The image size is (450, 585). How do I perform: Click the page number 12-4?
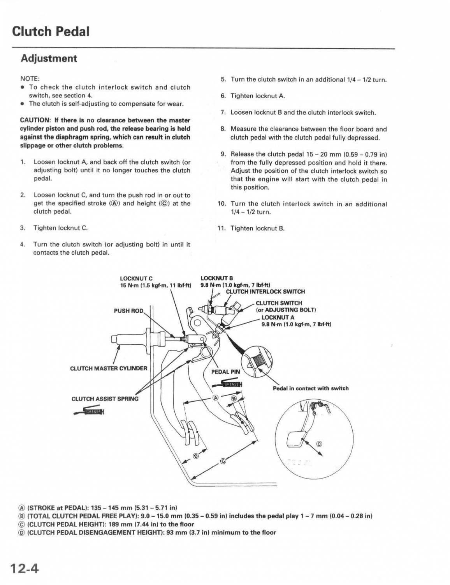coord(25,568)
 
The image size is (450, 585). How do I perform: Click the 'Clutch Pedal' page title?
coord(51,31)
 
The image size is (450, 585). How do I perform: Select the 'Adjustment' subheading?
coord(49,58)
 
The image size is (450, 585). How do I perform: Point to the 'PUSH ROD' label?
coord(128,311)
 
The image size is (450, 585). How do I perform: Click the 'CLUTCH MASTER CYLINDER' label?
coord(109,368)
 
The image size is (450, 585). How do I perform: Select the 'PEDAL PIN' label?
coord(226,372)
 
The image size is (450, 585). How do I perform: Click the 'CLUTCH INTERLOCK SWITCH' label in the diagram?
coord(265,291)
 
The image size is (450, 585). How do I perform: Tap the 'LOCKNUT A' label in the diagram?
coord(278,317)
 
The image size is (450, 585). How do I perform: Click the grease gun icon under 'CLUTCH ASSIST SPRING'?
coord(89,411)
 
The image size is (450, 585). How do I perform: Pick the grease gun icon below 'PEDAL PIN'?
coord(228,384)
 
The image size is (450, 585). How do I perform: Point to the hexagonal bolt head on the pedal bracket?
coord(197,323)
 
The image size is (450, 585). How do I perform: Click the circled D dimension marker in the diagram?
coord(196,456)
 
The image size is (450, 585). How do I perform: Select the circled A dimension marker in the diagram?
coord(215,397)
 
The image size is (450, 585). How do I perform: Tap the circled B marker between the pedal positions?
coord(234,398)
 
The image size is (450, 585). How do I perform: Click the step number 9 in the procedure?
coord(223,154)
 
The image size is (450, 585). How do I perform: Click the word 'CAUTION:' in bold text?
coord(35,120)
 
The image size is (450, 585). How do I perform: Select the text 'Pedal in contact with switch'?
coord(311,388)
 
